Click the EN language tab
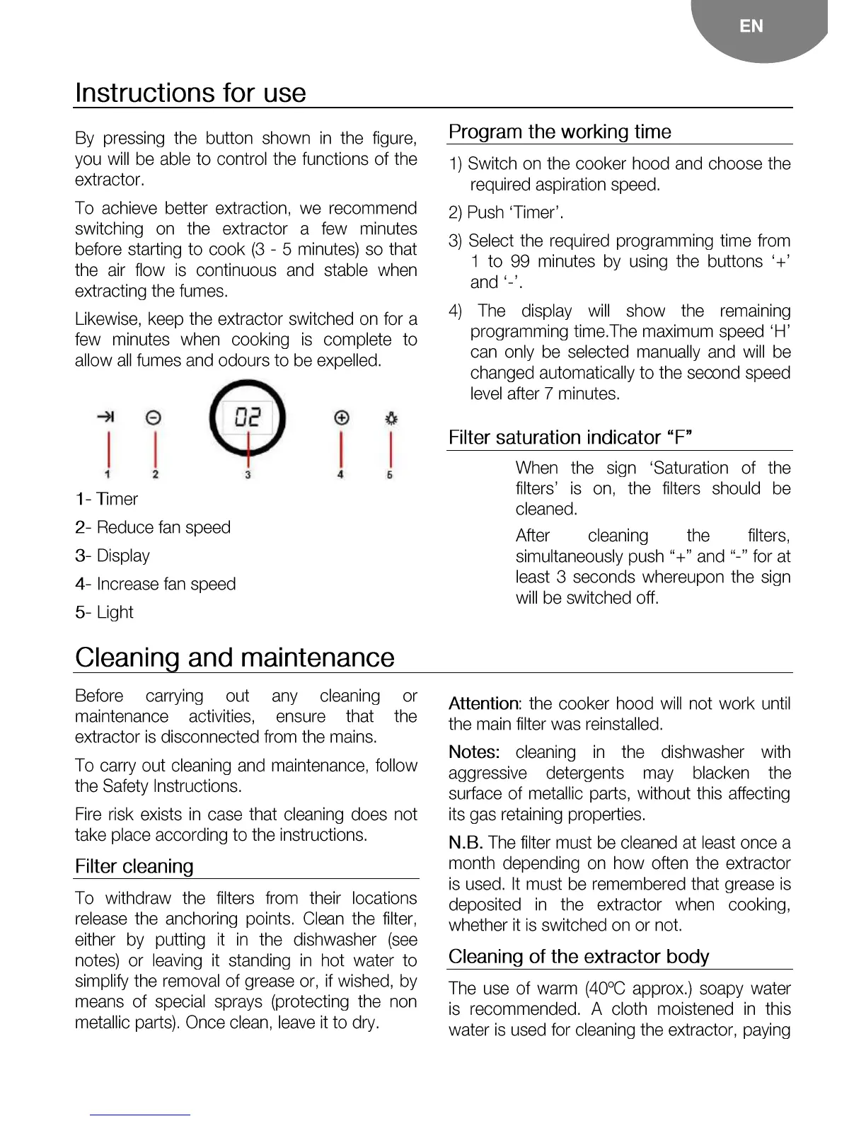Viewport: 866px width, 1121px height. (x=751, y=26)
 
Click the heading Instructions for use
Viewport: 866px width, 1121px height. (x=190, y=93)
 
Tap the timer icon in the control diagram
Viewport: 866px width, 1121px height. (x=106, y=417)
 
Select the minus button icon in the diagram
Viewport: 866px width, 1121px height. (x=154, y=418)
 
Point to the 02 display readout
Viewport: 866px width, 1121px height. (x=248, y=418)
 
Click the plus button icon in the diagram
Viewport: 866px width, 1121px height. (x=342, y=418)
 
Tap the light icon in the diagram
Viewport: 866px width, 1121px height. (x=391, y=418)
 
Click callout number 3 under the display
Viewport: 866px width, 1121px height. (x=248, y=475)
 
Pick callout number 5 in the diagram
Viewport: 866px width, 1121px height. (x=390, y=475)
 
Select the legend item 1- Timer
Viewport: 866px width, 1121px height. (x=107, y=499)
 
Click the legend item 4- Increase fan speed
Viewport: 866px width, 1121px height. (x=156, y=584)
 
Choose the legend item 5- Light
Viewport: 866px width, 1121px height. (x=105, y=612)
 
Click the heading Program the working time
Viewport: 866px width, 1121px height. (x=560, y=132)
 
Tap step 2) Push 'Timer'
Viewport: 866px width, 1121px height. (x=506, y=212)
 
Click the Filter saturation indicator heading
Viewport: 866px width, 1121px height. (x=570, y=437)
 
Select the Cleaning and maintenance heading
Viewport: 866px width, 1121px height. (x=234, y=657)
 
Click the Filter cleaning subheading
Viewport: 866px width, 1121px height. (x=134, y=866)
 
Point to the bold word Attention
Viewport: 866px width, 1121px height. (x=484, y=703)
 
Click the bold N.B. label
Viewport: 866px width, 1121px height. (x=466, y=842)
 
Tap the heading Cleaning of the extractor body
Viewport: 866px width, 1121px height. (x=579, y=956)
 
